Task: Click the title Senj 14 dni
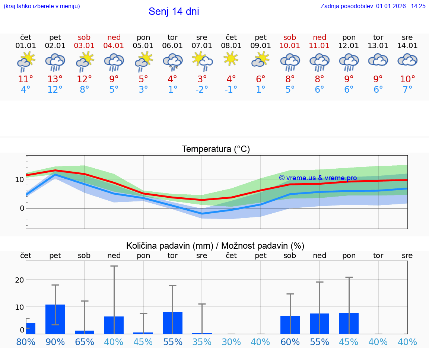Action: [x=174, y=12]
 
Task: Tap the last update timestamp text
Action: [x=373, y=6]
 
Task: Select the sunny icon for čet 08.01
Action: [x=231, y=59]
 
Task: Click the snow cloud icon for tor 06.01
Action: [x=172, y=61]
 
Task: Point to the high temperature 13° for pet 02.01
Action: [x=55, y=79]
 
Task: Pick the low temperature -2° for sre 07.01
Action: [x=202, y=90]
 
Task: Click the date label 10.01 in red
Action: [x=290, y=46]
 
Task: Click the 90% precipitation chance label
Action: [x=55, y=342]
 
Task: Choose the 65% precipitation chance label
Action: [x=85, y=342]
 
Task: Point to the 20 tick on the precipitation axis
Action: [x=19, y=280]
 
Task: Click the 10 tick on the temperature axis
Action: [x=19, y=179]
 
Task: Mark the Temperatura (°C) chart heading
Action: [x=216, y=149]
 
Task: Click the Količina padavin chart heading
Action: [x=215, y=246]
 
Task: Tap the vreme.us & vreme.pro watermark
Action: [x=318, y=178]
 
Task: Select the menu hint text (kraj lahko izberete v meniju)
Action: [x=42, y=6]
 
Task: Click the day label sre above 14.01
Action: [x=407, y=37]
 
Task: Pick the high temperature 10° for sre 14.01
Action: [x=407, y=79]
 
